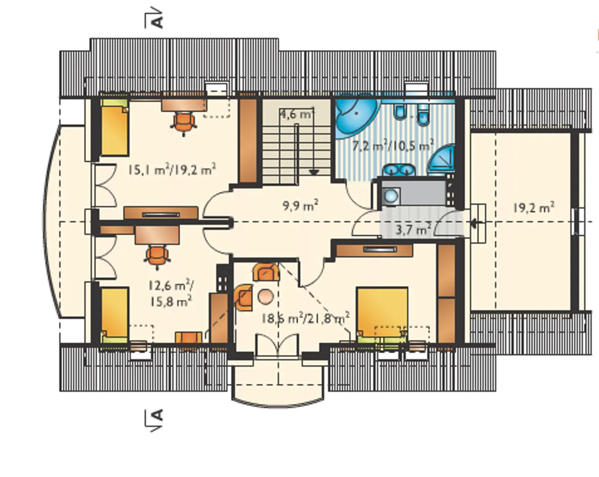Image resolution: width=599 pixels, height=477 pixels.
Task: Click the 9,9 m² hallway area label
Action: point(300,206)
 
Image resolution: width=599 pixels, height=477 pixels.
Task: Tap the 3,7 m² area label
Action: point(413,230)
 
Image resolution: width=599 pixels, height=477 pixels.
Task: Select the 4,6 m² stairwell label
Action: point(297,114)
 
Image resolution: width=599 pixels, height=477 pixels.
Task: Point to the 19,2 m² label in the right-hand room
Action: point(533,207)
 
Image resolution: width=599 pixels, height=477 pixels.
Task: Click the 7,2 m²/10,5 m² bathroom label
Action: point(393,145)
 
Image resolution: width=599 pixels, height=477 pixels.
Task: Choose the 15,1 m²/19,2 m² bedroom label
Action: point(172,169)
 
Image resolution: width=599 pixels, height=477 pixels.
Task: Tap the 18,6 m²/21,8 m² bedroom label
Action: point(305,318)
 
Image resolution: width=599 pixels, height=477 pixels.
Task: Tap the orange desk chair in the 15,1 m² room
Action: point(184,123)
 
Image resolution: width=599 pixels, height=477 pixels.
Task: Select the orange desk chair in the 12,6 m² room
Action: point(157,257)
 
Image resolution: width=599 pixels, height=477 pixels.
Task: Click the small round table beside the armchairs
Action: point(265,296)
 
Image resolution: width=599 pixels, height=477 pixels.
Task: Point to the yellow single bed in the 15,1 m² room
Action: point(115,128)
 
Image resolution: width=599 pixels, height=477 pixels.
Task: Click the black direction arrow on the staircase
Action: point(314,173)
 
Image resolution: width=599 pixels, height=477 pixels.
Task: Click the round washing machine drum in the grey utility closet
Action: point(391,196)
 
